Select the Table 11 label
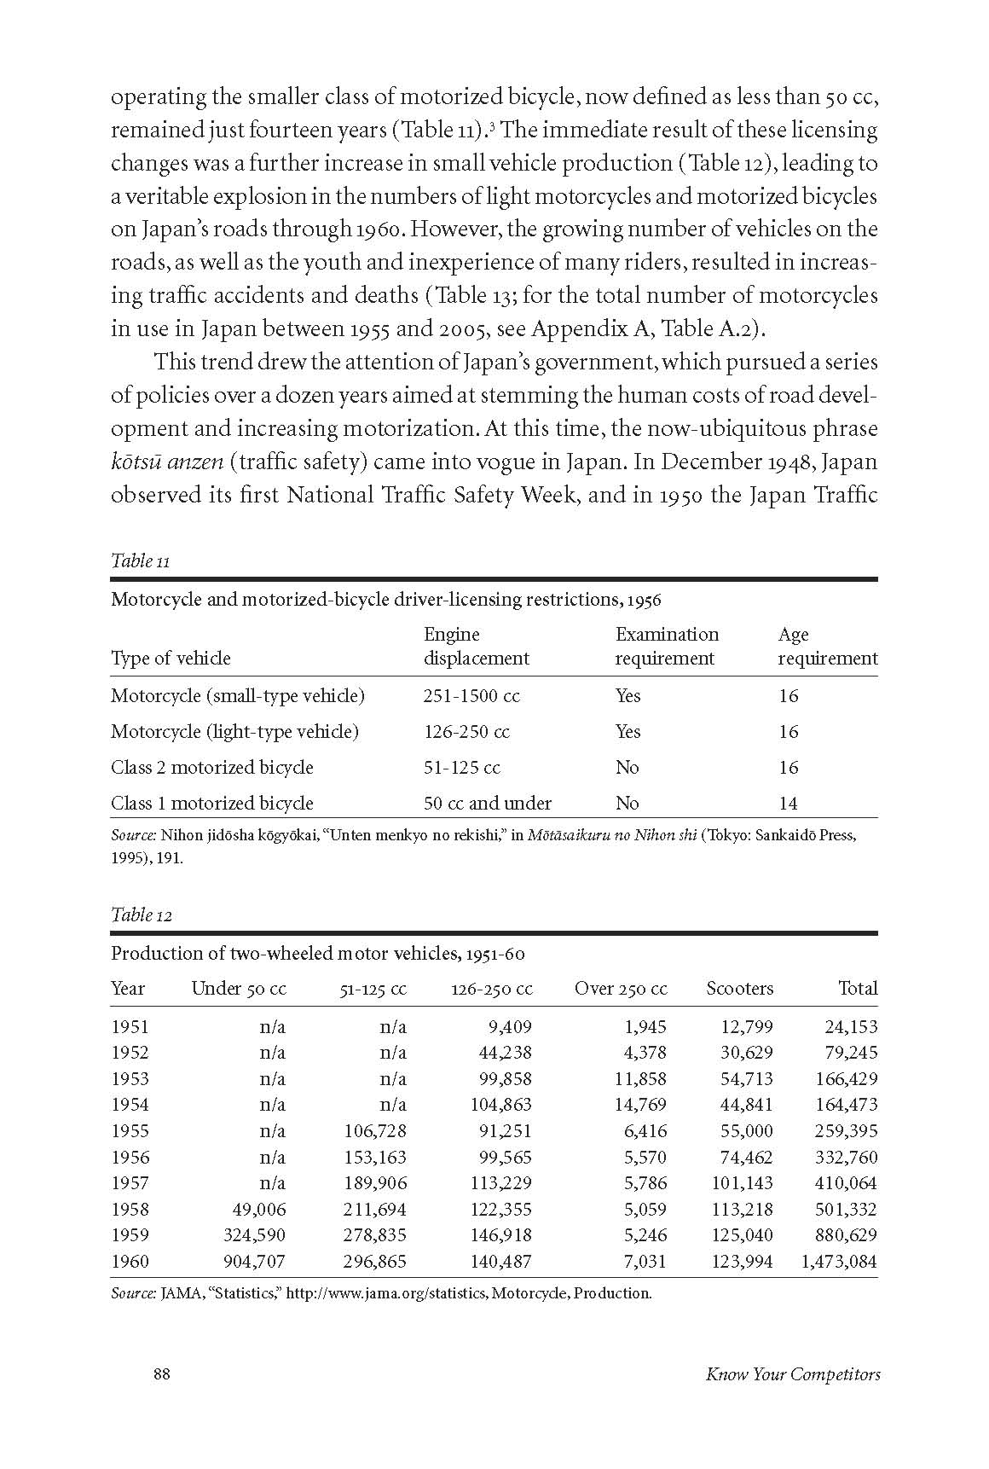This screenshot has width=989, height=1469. coord(141,560)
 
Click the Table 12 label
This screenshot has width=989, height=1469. coord(142,914)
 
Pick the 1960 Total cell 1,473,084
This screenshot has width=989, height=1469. coord(839,1261)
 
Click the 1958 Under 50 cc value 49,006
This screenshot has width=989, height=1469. coord(257,1209)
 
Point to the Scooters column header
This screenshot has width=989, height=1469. coord(739,989)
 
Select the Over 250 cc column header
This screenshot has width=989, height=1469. coord(621,989)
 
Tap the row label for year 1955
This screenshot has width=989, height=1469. coord(130,1130)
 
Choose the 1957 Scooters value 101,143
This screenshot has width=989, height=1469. coord(742,1182)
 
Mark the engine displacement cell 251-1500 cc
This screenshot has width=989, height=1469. coord(471,696)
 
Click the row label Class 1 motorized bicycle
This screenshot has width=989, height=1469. coord(212,804)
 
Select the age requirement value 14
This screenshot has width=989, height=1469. coord(788,804)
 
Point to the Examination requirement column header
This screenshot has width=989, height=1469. coord(667,646)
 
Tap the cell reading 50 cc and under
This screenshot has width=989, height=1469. coord(488,804)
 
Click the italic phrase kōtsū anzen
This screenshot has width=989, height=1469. coord(167,462)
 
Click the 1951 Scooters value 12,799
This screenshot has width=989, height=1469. coord(744,1026)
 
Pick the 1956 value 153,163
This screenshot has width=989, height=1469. coord(374,1157)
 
